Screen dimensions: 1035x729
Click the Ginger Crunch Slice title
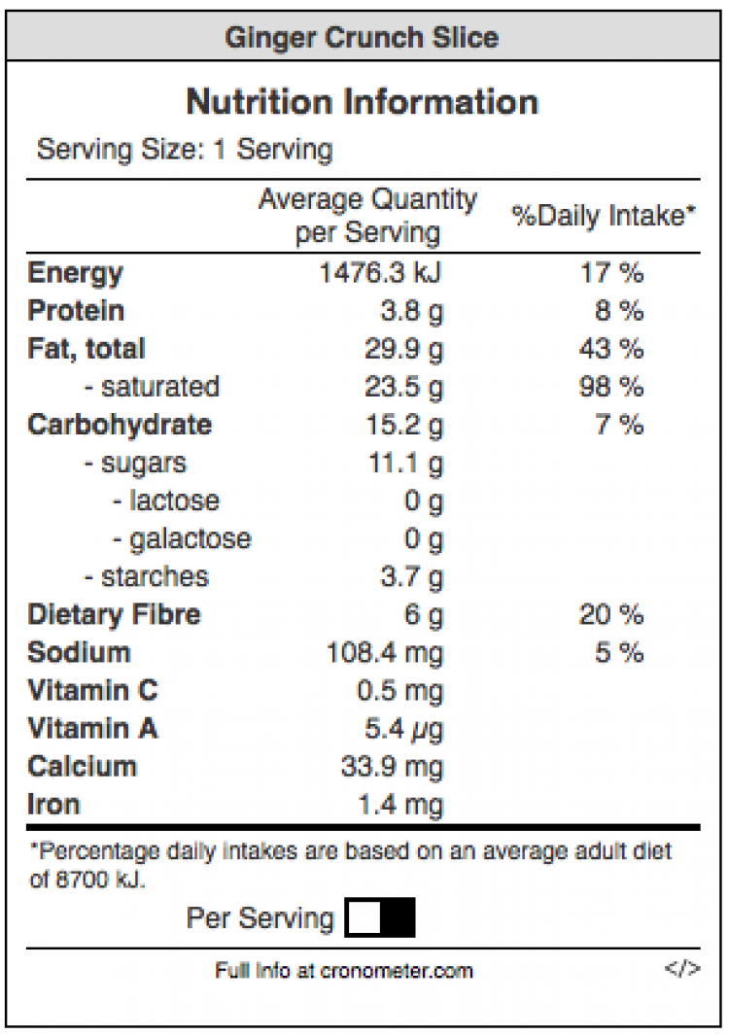362,38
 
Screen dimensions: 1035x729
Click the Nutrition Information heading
362,101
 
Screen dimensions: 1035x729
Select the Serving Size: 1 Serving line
185,150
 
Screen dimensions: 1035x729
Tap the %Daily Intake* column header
605,216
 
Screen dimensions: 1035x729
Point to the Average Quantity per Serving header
367,216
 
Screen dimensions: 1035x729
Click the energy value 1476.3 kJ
381,273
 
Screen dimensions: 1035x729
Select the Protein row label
77,311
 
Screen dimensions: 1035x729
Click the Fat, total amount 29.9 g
403,349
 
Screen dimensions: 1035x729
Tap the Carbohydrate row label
120,425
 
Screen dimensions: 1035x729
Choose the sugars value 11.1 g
405,464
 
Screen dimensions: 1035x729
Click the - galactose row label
181,538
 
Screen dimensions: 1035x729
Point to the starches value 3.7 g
411,577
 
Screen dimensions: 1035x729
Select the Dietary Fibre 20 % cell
611,614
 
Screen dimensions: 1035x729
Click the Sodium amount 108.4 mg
385,652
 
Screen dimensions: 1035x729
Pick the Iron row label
54,805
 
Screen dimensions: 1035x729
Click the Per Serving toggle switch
380,917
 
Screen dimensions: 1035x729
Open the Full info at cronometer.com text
344,970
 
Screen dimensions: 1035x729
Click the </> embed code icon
682,969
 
